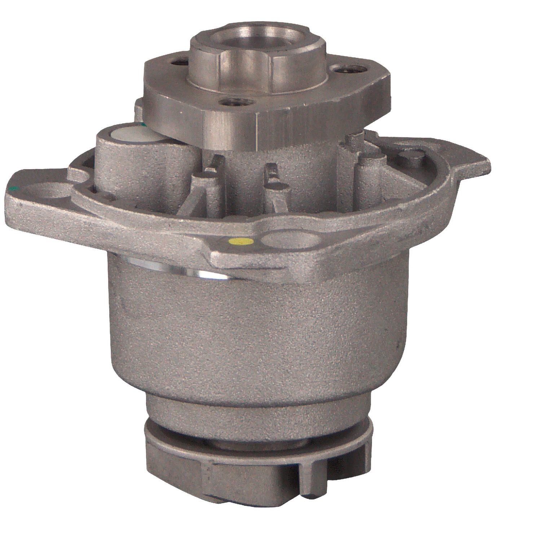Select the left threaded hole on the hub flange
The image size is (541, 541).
tap(177, 62)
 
